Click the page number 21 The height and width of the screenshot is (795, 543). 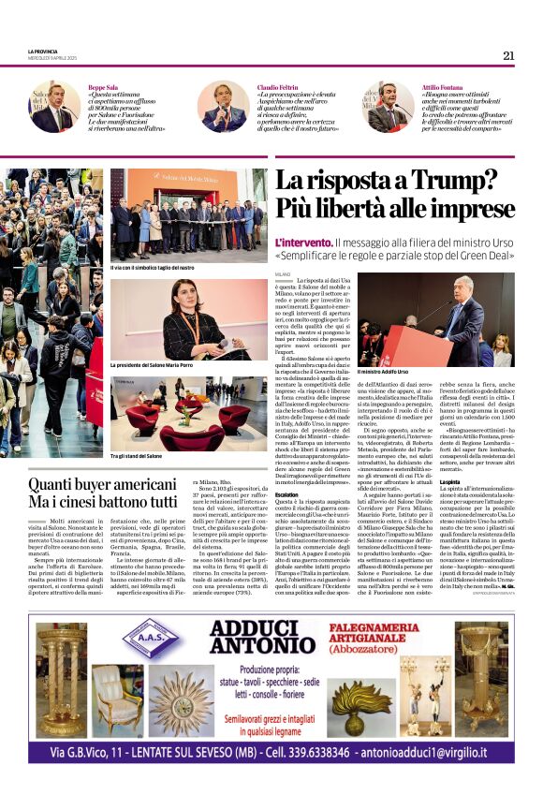508,55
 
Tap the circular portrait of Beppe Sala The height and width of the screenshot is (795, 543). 54,107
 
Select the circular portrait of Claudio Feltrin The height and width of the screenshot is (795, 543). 224,107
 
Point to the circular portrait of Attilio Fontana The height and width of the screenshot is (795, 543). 389,107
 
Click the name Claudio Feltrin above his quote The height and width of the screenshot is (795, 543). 279,86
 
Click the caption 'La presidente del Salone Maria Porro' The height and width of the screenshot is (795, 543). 152,365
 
